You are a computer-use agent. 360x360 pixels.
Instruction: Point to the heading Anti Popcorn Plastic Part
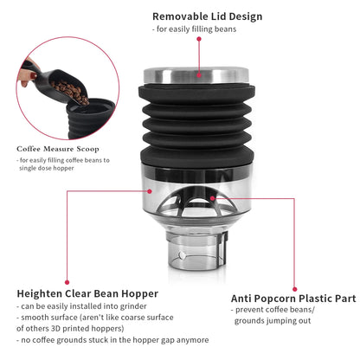coord(292,298)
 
